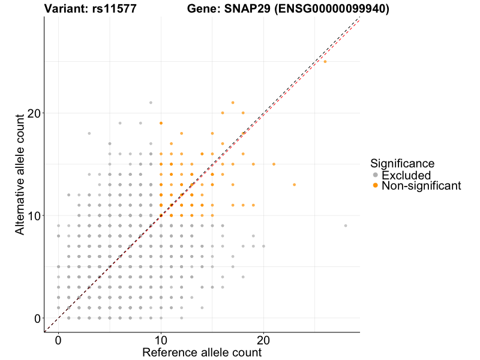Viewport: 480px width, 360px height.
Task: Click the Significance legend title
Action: coord(402,163)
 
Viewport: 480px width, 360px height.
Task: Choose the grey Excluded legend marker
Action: coord(376,175)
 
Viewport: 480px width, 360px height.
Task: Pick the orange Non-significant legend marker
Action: coord(376,185)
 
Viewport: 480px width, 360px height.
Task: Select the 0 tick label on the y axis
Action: coord(38,318)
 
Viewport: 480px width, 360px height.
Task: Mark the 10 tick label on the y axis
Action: coord(34,215)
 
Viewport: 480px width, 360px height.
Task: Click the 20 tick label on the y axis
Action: coord(34,113)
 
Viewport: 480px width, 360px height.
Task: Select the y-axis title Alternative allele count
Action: coord(20,174)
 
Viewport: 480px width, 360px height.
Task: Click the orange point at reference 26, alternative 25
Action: coord(325,62)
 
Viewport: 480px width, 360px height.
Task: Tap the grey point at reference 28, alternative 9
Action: coord(346,226)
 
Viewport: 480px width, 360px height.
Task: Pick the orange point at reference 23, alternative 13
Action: coord(294,185)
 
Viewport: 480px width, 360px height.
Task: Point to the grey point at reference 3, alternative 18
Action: coord(89,133)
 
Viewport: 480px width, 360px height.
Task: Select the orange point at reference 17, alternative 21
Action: coord(233,103)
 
